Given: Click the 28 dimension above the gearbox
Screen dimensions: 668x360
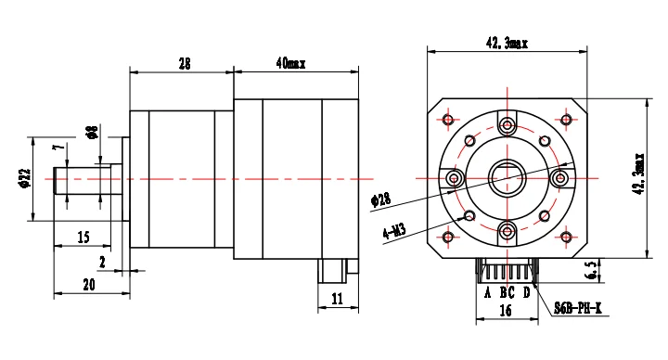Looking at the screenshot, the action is pos(185,64).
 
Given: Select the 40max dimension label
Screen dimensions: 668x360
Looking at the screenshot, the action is pos(290,63).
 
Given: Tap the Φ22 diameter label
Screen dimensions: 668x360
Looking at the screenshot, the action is pos(25,178).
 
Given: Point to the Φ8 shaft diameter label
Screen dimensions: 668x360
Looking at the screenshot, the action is pos(93,132).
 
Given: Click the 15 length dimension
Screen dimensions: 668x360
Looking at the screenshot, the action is pos(83,237).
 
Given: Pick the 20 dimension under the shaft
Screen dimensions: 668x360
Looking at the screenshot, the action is pos(89,285).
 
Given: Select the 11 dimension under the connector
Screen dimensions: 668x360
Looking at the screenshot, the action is pos(337,299).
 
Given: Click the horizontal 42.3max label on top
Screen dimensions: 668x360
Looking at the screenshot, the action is pos(507,43).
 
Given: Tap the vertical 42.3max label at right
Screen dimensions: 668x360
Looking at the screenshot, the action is pos(639,174).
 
